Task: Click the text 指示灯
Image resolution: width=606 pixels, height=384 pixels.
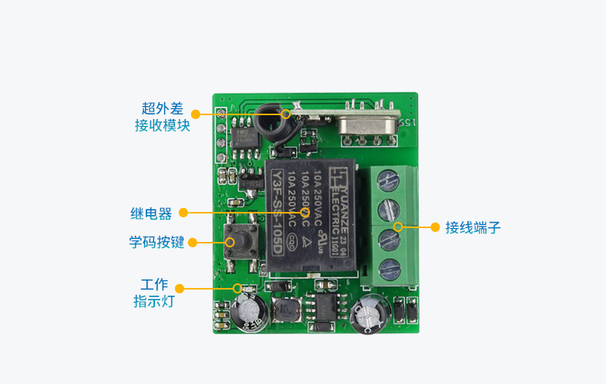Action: [x=154, y=300]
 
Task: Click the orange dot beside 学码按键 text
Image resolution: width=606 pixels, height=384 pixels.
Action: [x=193, y=242]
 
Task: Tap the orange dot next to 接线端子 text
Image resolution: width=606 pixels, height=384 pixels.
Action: [x=435, y=227]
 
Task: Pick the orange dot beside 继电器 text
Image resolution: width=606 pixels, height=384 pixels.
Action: [x=184, y=213]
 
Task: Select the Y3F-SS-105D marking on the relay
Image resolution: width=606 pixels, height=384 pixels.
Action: [x=277, y=207]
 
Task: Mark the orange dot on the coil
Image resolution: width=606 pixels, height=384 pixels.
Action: [x=286, y=114]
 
